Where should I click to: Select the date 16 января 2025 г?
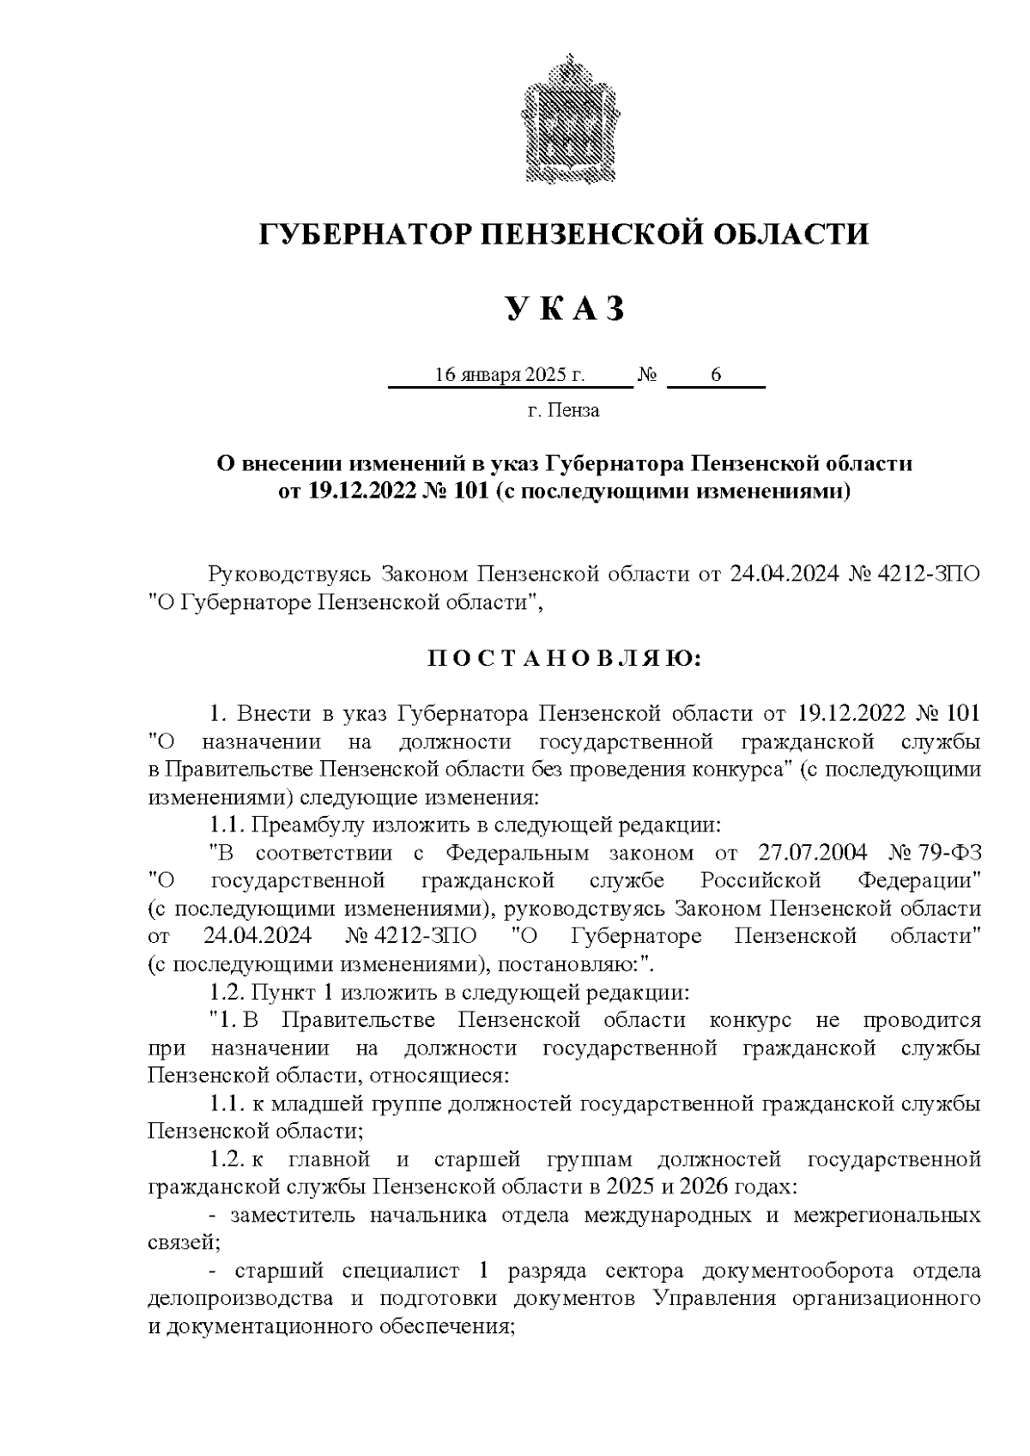(510, 375)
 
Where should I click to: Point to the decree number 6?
(715, 375)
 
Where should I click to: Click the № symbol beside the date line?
(649, 376)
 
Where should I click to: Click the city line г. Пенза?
(563, 411)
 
